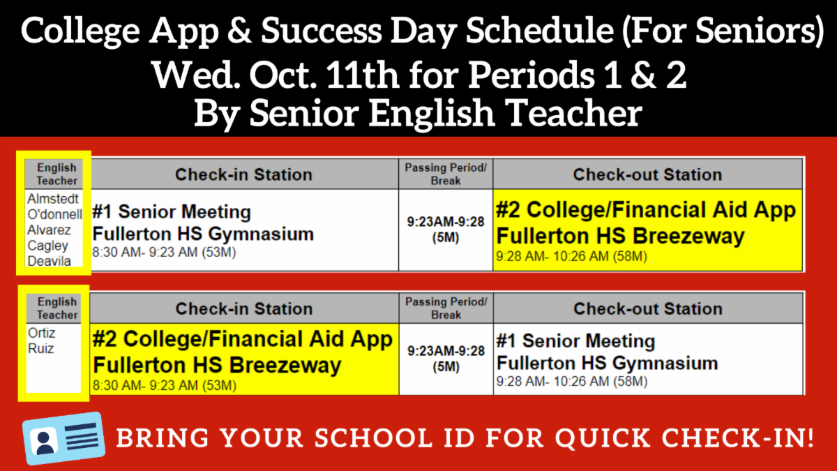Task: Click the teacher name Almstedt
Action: coord(53,199)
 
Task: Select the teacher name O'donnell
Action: coord(54,214)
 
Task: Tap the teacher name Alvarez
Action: coord(49,230)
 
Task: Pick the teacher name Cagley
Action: coord(48,246)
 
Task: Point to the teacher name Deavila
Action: coord(49,261)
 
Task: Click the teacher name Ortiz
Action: coord(41,333)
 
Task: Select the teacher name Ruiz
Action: coord(40,349)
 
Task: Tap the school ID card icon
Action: coord(63,438)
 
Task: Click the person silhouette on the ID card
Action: coord(45,442)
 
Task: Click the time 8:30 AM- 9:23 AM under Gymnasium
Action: coord(164,253)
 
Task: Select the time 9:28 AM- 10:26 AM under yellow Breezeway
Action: coord(571,257)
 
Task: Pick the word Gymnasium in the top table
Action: coord(261,234)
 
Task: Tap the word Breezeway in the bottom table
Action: coord(285,365)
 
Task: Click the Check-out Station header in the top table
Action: coord(647,174)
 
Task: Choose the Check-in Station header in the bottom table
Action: coord(244,308)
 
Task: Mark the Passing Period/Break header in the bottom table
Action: coord(446,308)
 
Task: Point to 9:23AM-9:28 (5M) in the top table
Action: coord(446,230)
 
